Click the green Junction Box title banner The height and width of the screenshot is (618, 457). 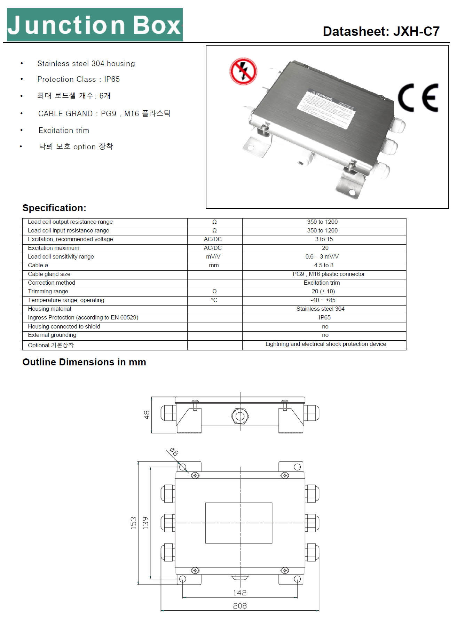pyautogui.click(x=95, y=25)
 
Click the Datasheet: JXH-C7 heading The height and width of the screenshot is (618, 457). pyautogui.click(x=381, y=31)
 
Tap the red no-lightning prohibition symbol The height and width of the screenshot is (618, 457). pyautogui.click(x=243, y=71)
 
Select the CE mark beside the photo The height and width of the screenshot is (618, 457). pyautogui.click(x=418, y=98)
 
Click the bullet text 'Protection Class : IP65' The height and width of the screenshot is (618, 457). pyautogui.click(x=78, y=79)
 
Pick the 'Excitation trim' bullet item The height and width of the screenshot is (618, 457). pyautogui.click(x=64, y=130)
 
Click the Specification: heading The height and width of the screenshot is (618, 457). pyautogui.click(x=54, y=208)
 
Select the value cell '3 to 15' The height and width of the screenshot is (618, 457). pyautogui.click(x=324, y=239)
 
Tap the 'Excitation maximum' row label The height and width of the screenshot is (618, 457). pyautogui.click(x=54, y=248)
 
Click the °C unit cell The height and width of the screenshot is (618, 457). pyautogui.click(x=214, y=300)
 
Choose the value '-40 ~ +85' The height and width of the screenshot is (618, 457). pyautogui.click(x=323, y=300)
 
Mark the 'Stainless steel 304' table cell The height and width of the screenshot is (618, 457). pyautogui.click(x=320, y=309)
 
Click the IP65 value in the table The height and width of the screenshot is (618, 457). pyautogui.click(x=324, y=318)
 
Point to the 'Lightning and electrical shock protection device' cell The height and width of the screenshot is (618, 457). pyautogui.click(x=325, y=344)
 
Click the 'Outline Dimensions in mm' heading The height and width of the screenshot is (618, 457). pyautogui.click(x=84, y=362)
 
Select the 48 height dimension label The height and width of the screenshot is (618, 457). pyautogui.click(x=147, y=415)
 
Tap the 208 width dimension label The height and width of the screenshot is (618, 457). pyautogui.click(x=240, y=606)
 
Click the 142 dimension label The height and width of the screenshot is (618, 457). pyautogui.click(x=240, y=593)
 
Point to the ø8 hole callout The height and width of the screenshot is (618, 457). pyautogui.click(x=174, y=452)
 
